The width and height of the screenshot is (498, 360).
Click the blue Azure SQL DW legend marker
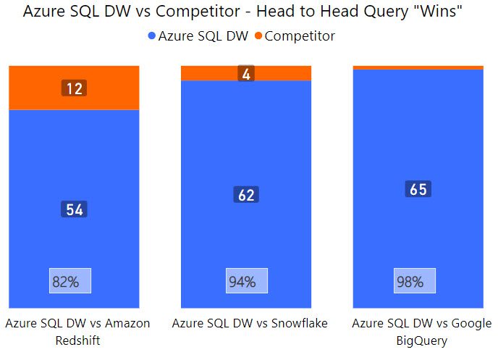click(151, 35)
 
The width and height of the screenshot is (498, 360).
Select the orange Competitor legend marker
click(258, 35)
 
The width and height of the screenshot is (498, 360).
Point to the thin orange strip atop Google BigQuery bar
click(418, 67)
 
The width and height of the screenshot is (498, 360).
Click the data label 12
click(74, 88)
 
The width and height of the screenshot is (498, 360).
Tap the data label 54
click(74, 210)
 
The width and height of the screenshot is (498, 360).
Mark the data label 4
click(246, 74)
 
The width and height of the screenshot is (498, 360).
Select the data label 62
click(246, 195)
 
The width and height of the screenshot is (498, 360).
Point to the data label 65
click(418, 190)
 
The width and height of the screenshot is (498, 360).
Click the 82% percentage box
click(69, 281)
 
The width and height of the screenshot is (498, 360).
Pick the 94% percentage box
click(246, 281)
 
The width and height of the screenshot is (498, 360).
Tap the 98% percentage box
click(415, 281)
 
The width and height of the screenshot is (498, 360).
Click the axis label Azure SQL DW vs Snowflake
click(250, 324)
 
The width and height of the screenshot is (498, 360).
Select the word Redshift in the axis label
click(77, 340)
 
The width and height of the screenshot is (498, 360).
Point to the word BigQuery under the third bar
click(422, 340)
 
